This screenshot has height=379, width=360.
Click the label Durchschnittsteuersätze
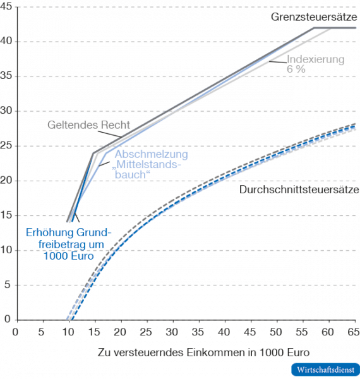pyautogui.click(x=299, y=189)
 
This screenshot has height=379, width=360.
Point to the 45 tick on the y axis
pyautogui.click(x=7, y=7)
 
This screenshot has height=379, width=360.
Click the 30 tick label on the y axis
pyautogui.click(x=7, y=111)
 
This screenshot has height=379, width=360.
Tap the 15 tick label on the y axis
pyautogui.click(x=7, y=215)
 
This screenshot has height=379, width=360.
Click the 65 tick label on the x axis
pyautogui.click(x=354, y=330)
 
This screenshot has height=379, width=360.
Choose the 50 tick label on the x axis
pyautogui.click(x=275, y=330)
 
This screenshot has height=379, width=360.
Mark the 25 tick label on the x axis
pyautogui.click(x=145, y=330)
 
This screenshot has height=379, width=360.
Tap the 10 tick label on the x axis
pyautogui.click(x=67, y=330)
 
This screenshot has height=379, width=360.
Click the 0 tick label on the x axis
pyautogui.click(x=15, y=330)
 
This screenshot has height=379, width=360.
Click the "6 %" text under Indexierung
pyautogui.click(x=296, y=69)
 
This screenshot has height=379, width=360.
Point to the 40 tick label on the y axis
pyautogui.click(x=7, y=42)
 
